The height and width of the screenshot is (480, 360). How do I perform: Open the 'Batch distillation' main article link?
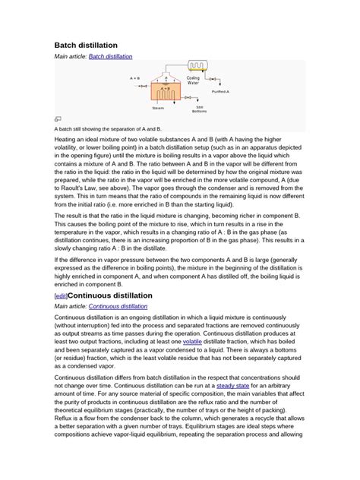[x=110, y=57]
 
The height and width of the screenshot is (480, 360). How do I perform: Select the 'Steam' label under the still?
[x=158, y=108]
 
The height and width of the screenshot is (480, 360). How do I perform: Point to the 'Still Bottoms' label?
[x=199, y=109]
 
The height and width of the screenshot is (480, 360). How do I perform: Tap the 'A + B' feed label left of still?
[x=134, y=78]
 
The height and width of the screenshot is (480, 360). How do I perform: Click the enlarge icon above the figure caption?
[x=58, y=119]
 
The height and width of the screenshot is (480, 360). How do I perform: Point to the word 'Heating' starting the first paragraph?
[x=66, y=140]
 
